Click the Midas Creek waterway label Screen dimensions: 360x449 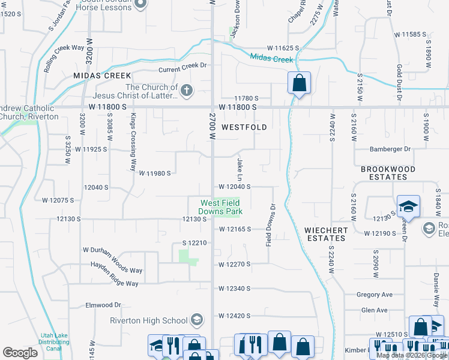pos(272,59)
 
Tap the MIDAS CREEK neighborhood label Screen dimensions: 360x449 pos(101,76)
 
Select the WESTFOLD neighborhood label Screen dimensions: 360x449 pos(244,127)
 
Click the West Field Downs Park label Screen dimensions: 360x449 pos(221,208)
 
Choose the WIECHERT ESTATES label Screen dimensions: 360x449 pos(325,234)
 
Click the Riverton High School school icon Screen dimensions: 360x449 pos(196,320)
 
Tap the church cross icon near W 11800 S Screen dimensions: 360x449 pos(187,91)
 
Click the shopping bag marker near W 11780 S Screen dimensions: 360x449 pos(299,83)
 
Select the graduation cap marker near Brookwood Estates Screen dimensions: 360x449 pos(408,206)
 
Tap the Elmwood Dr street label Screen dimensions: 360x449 pos(103,305)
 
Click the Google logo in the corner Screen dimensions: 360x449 pos(20,353)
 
